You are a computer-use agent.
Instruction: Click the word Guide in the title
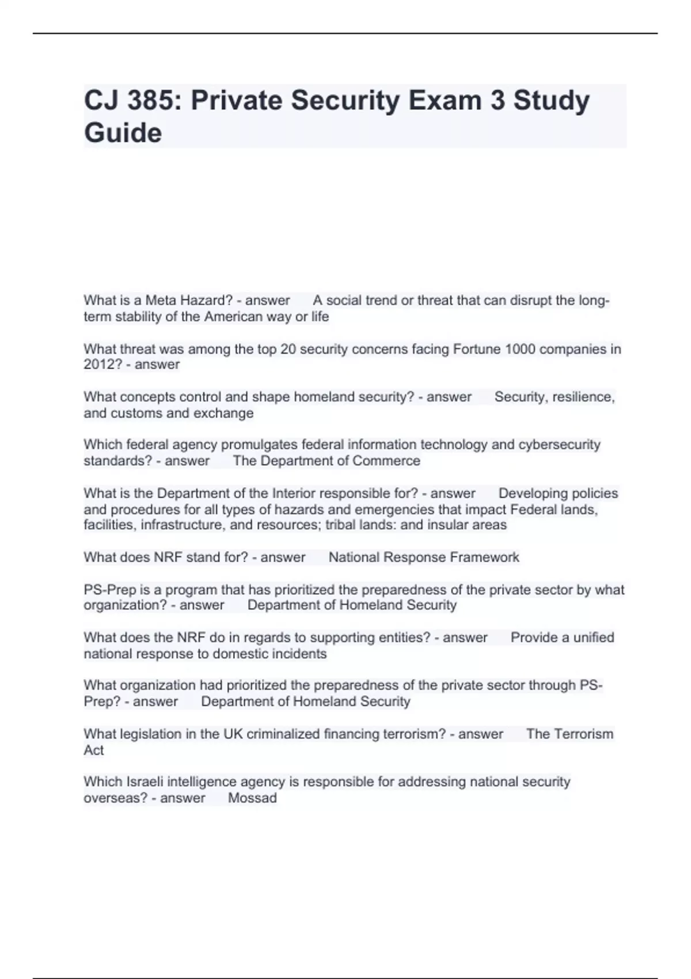[123, 133]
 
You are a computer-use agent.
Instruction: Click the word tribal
[341, 525]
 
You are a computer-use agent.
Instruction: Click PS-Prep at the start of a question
[109, 590]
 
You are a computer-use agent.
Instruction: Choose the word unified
[594, 638]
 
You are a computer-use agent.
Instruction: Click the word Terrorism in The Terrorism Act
[583, 734]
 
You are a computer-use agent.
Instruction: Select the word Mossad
[252, 798]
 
